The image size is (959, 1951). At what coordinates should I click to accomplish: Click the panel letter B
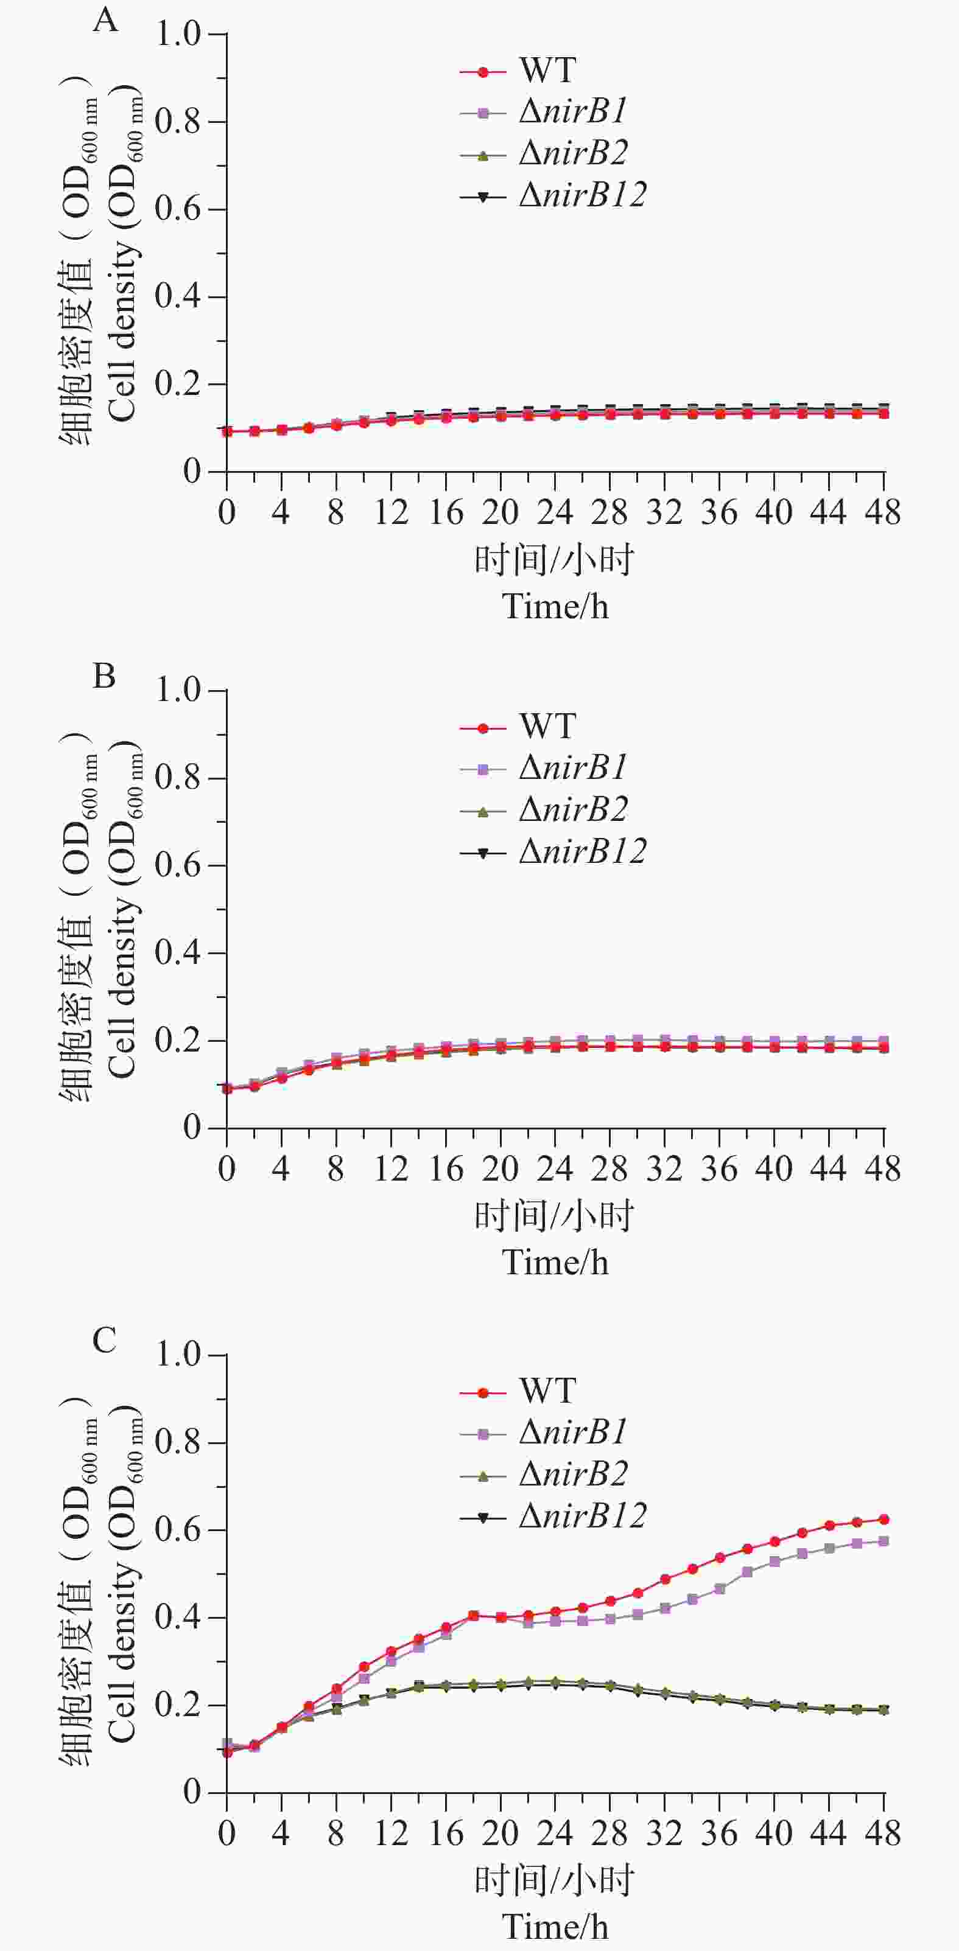pyautogui.click(x=104, y=675)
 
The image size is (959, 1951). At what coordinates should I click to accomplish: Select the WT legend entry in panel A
pyautogui.click(x=547, y=71)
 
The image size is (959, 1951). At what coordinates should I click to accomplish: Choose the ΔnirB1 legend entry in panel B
pyautogui.click(x=573, y=769)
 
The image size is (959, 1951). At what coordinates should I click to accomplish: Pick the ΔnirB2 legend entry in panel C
pyautogui.click(x=573, y=1474)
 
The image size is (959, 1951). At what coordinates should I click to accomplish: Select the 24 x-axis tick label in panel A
pyautogui.click(x=555, y=514)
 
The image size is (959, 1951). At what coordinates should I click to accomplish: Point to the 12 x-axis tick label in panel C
pyautogui.click(x=391, y=1834)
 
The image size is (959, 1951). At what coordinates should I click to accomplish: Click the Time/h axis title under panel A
pyautogui.click(x=555, y=607)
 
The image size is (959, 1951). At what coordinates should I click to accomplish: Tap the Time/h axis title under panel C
pyautogui.click(x=555, y=1927)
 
